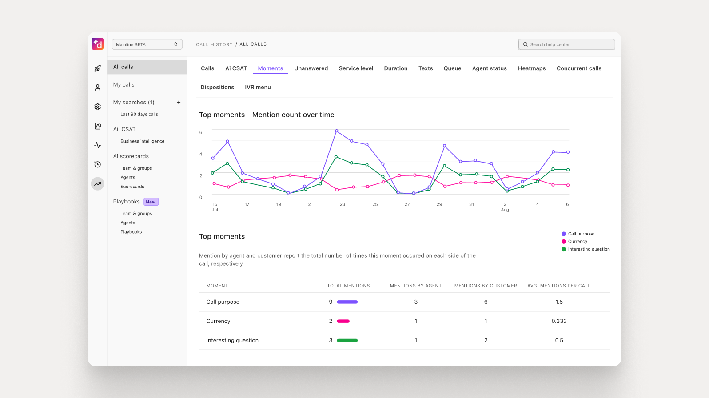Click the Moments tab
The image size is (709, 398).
[270, 68]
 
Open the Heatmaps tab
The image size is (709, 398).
[531, 68]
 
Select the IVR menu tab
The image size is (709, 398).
[258, 88]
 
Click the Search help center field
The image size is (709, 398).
[566, 44]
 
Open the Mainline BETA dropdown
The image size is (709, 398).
[147, 44]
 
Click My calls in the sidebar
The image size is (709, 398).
[123, 85]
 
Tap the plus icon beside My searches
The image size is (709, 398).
[179, 103]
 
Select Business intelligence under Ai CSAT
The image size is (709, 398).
[142, 141]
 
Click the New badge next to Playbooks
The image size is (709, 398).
[151, 202]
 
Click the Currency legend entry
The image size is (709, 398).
[577, 242]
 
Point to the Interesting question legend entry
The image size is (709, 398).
[588, 249]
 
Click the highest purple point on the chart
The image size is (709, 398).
[337, 131]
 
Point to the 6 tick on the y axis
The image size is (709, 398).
[201, 133]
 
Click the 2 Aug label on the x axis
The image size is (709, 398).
[505, 207]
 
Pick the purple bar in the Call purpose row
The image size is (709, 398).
[347, 302]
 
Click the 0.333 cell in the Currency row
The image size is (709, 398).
[559, 321]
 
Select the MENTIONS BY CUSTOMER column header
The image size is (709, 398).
[486, 286]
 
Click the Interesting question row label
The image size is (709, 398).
[232, 341]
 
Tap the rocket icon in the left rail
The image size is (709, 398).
[98, 68]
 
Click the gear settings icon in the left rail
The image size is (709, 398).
[98, 107]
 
